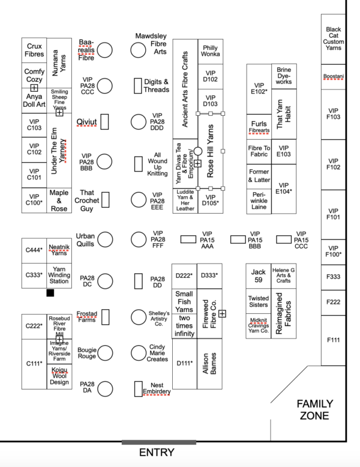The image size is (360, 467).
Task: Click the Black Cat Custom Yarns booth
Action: pyautogui.click(x=333, y=39)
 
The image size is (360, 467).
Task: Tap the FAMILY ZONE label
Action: pyautogui.click(x=315, y=409)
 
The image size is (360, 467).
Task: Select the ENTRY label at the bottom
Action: pyautogui.click(x=157, y=453)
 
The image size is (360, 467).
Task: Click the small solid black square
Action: pyautogui.click(x=50, y=293)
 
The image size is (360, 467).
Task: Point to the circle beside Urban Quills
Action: pyautogui.click(x=105, y=240)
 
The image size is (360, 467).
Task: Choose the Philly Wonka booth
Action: pyautogui.click(x=211, y=51)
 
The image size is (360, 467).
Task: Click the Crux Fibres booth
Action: pyautogui.click(x=34, y=50)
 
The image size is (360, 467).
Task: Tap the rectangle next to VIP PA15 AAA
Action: pyautogui.click(x=188, y=239)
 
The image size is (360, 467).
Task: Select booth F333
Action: pyautogui.click(x=333, y=277)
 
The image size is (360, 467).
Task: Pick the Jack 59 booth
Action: pyautogui.click(x=258, y=276)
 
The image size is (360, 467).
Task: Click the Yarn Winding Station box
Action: pyautogui.click(x=59, y=276)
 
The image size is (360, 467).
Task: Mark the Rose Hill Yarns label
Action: pyautogui.click(x=211, y=151)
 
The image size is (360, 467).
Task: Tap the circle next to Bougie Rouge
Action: pyautogui.click(x=105, y=353)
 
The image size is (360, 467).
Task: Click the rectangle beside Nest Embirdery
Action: pyautogui.click(x=138, y=389)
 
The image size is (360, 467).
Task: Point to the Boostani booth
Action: pyautogui.click(x=333, y=77)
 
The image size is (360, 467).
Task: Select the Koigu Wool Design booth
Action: pyautogui.click(x=59, y=376)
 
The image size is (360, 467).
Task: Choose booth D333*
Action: pyautogui.click(x=209, y=276)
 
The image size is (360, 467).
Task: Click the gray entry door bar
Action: pyautogui.click(x=159, y=442)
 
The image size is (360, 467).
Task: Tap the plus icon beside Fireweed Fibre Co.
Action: pyautogui.click(x=222, y=313)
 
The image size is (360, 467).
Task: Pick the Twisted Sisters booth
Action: pyautogui.click(x=258, y=301)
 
